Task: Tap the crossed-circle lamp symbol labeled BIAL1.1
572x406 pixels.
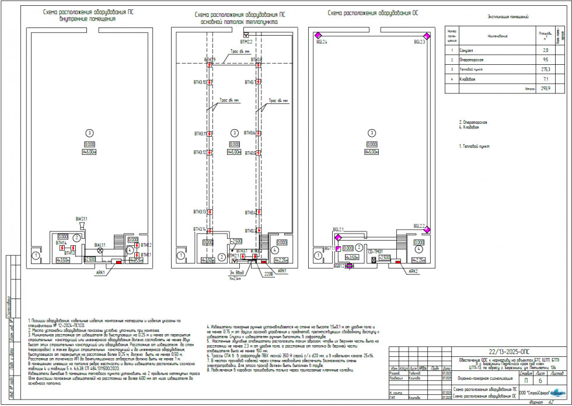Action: click(x=100, y=250)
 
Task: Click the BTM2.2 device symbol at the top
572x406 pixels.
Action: click(x=246, y=36)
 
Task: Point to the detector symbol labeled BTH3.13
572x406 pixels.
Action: click(x=209, y=211)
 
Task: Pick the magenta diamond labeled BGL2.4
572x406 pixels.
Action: click(x=317, y=36)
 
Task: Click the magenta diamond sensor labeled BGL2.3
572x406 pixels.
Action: click(x=426, y=36)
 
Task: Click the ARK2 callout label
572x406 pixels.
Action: click(x=413, y=271)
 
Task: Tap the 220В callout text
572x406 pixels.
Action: click(x=268, y=273)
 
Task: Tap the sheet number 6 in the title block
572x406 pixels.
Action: click(x=540, y=380)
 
